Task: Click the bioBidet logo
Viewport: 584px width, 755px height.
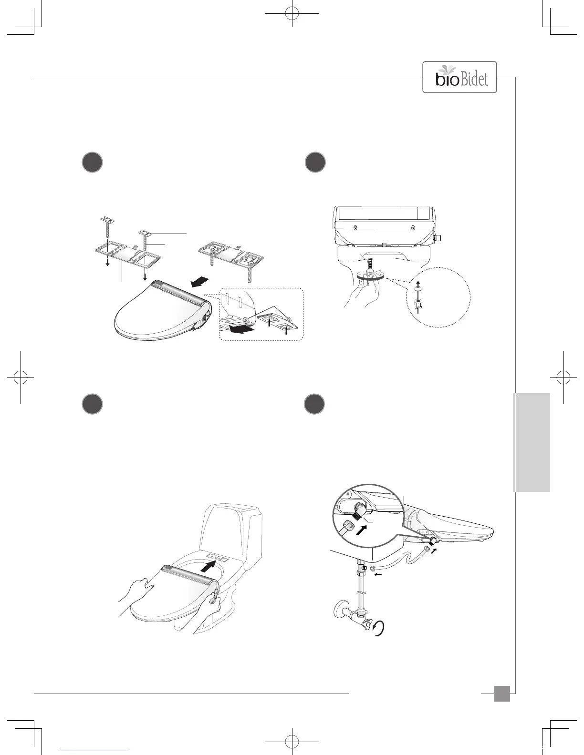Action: coord(459,77)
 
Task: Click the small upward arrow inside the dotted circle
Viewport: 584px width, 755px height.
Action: coord(418,285)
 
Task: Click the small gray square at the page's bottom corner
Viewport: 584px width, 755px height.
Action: coord(501,694)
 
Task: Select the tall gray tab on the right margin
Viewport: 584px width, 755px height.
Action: coord(532,442)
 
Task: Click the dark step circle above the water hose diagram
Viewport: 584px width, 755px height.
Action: coord(315,404)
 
